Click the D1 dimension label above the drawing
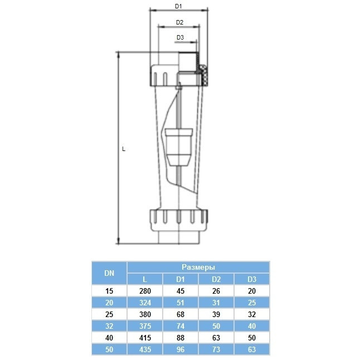tap(179, 7)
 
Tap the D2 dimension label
tap(179, 23)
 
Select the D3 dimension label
tap(180, 37)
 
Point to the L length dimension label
tap(124, 149)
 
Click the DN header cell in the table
tap(109, 273)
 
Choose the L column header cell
tap(145, 279)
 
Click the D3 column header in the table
tap(251, 279)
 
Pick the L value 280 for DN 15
tap(145, 291)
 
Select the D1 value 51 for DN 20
tap(180, 302)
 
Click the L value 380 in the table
tap(145, 314)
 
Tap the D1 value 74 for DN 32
tap(180, 326)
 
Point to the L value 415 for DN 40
tap(145, 338)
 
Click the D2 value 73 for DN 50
tap(216, 349)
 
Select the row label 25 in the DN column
tap(109, 314)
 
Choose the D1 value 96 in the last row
tap(180, 349)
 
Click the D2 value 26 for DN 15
tap(216, 291)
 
